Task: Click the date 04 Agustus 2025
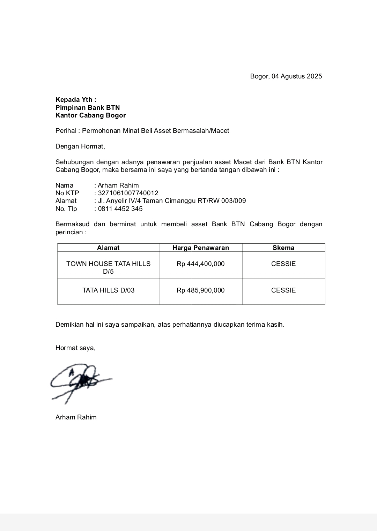[297, 76]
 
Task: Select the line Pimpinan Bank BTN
[88, 108]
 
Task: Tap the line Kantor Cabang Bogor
[90, 115]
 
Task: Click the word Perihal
[66, 131]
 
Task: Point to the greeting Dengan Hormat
[80, 146]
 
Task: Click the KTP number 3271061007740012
[128, 193]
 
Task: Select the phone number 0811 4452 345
[120, 209]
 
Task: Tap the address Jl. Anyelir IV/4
[118, 201]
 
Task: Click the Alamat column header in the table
[108, 248]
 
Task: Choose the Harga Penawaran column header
[201, 248]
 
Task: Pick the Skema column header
[283, 248]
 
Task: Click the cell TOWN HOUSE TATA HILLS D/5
[108, 267]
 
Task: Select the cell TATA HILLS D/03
[108, 290]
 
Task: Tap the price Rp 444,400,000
[201, 264]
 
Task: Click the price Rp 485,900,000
[201, 290]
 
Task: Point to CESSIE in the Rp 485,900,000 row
[283, 290]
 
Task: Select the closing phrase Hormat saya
[75, 348]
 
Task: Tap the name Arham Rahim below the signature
[76, 417]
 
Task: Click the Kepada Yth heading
[76, 100]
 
